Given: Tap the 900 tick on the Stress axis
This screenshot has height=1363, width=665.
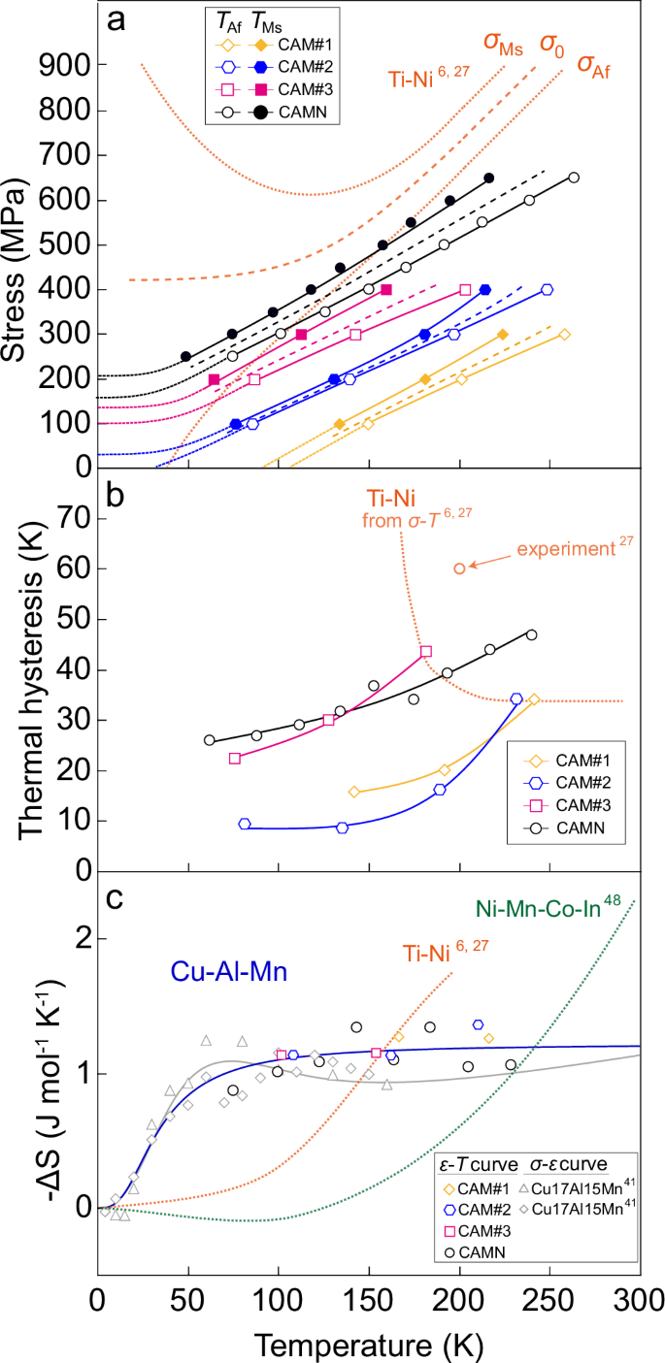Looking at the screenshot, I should pos(65,65).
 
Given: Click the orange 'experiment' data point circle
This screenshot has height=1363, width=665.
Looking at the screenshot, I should pos(459,568).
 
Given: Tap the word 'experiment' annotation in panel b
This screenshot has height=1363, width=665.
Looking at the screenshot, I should pos(563,549).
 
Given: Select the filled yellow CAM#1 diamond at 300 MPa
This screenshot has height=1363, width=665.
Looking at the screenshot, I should pos(502,335).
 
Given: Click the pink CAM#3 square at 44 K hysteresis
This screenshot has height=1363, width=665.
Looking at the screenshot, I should pos(426,651).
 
